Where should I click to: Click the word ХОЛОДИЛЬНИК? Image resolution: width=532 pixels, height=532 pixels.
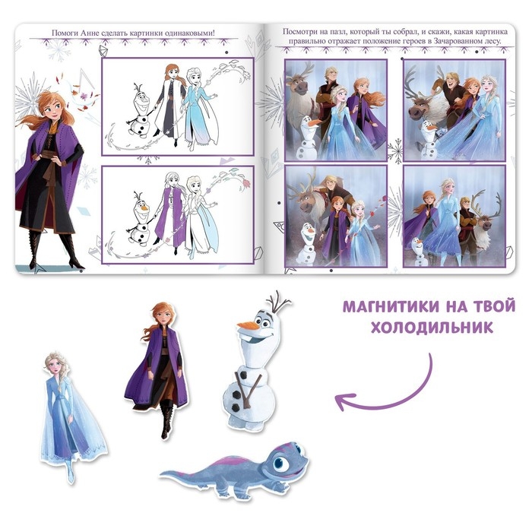coord(432,328)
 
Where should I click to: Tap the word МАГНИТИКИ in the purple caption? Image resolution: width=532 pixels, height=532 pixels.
coord(386,306)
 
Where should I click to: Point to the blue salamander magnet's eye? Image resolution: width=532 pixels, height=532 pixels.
coord(280,462)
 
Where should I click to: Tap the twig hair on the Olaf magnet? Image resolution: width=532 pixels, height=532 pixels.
coord(277,301)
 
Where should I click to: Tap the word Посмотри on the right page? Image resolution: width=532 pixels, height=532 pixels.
coord(297,32)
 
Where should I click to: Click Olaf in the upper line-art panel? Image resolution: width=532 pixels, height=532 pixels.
coord(139,111)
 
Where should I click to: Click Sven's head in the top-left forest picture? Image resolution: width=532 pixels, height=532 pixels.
coord(299,85)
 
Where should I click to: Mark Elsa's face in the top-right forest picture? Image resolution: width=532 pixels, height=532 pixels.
coord(488,81)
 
